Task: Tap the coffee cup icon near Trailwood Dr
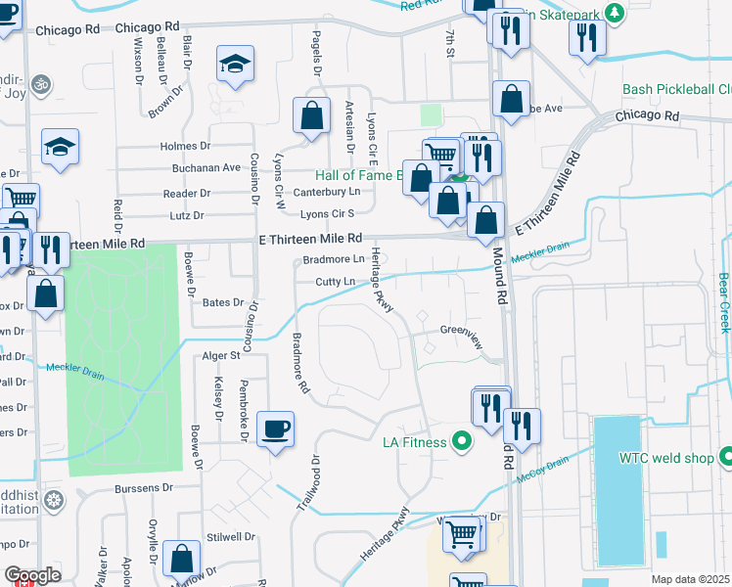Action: pyautogui.click(x=276, y=428)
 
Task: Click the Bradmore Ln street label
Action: pyautogui.click(x=333, y=259)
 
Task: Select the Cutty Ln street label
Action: pyautogui.click(x=335, y=282)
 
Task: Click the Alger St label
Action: pyautogui.click(x=220, y=356)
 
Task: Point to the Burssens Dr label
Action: pyautogui.click(x=141, y=486)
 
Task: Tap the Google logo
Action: pyautogui.click(x=32, y=576)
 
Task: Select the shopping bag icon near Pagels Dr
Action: pyautogui.click(x=311, y=116)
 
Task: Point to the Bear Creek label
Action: pyautogui.click(x=723, y=301)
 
